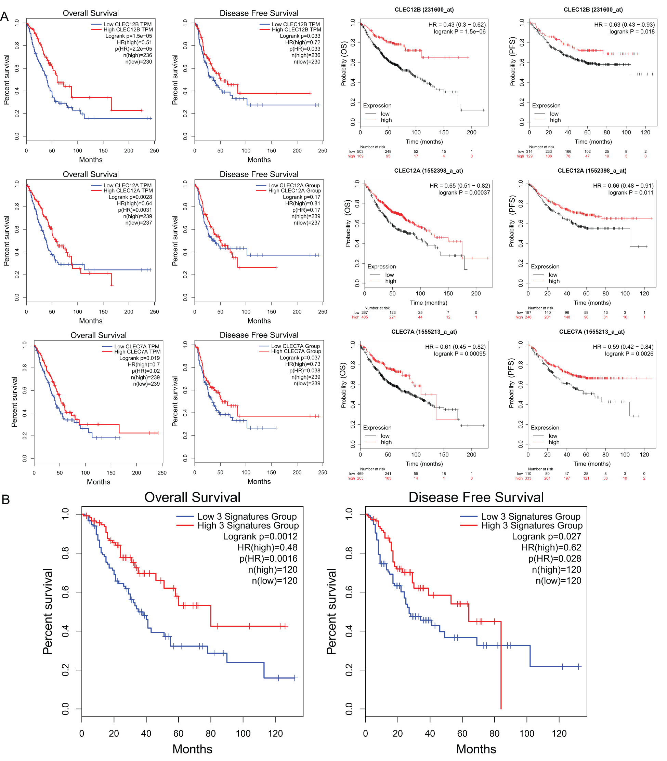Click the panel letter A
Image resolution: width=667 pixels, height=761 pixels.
pos(4,16)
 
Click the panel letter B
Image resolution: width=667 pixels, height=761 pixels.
pos(5,499)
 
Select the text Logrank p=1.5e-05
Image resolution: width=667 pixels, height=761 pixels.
pos(128,36)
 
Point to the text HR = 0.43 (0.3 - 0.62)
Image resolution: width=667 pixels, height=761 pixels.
pos(457,25)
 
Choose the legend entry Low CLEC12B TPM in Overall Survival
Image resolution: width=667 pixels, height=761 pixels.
pos(127,24)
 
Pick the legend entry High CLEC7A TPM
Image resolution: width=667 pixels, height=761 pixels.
pos(137,351)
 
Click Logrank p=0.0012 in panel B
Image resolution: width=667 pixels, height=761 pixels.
pos(260,536)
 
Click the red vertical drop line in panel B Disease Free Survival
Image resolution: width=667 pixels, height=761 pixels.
pos(501,666)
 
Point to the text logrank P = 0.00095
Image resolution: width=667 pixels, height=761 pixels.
pos(460,354)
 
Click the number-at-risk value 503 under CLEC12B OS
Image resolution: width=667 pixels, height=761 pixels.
pos(360,152)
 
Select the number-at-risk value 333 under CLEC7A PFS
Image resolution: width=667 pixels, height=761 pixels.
pos(528,478)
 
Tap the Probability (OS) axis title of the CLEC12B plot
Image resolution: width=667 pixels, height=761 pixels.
pos(344,64)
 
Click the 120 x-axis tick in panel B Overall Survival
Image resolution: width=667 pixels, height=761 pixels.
pos(275,733)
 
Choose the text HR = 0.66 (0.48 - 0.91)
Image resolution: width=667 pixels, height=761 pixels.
pos(623,186)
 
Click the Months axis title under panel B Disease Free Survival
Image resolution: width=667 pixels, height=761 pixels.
pos(476,749)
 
